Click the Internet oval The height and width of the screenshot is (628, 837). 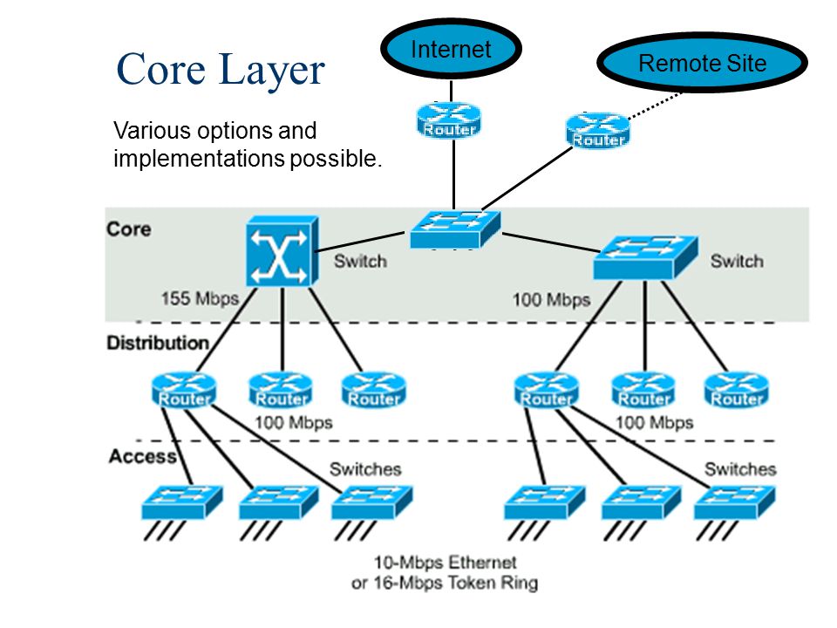click(451, 49)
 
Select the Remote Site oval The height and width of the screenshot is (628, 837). click(702, 63)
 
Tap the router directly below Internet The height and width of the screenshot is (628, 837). click(449, 120)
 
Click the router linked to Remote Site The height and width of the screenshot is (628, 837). click(598, 130)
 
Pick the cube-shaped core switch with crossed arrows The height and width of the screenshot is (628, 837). click(282, 251)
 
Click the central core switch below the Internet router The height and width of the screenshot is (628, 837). click(455, 229)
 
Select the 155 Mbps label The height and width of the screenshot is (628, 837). click(200, 298)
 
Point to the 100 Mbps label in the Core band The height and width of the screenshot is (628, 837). click(551, 299)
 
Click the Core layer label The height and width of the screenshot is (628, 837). click(129, 229)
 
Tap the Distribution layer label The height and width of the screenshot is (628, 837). click(158, 343)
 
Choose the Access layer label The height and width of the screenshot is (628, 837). click(142, 456)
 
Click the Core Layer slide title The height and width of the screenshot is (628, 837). click(221, 70)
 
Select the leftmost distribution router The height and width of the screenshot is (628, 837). click(184, 391)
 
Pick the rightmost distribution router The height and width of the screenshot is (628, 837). click(737, 391)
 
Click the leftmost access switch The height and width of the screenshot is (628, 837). click(182, 502)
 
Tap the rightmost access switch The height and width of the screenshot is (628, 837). click(734, 502)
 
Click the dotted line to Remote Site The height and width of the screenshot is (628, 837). click(655, 106)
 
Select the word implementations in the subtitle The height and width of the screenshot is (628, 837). click(199, 159)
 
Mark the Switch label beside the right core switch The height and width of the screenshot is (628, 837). click(737, 261)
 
